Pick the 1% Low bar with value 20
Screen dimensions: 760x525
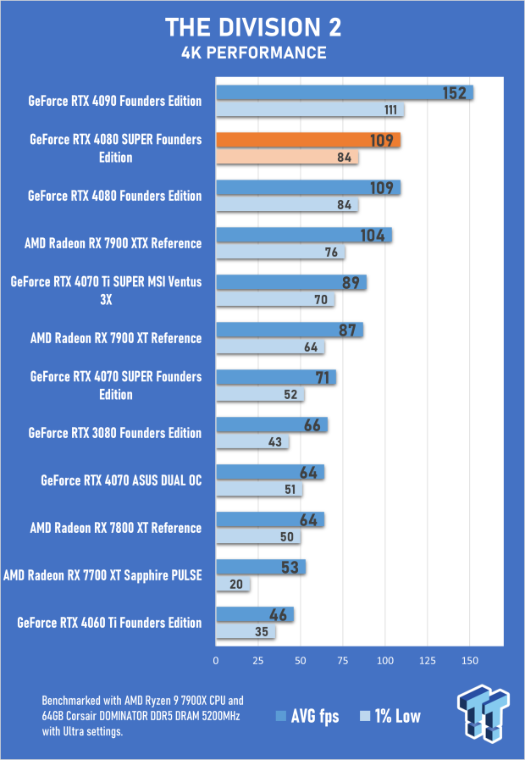tap(233, 584)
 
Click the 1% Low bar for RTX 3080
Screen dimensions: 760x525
tap(252, 441)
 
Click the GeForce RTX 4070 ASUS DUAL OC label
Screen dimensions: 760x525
tap(121, 480)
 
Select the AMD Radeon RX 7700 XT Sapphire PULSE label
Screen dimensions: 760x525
tap(102, 575)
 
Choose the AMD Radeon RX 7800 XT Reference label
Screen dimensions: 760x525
tap(116, 528)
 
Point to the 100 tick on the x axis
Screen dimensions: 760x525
tap(385, 660)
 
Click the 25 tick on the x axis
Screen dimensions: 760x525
tap(258, 660)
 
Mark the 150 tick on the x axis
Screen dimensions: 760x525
tap(470, 660)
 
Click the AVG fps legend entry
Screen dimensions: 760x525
tap(307, 716)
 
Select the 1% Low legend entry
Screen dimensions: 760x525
tap(390, 716)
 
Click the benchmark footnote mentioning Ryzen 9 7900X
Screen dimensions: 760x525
tap(142, 715)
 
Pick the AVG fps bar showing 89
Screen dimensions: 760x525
tap(291, 282)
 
